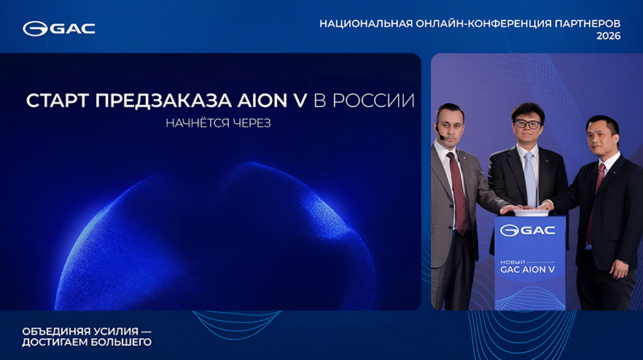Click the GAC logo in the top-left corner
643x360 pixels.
tap(58, 28)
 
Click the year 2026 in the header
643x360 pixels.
tap(608, 36)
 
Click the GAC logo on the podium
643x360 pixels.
tap(528, 231)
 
